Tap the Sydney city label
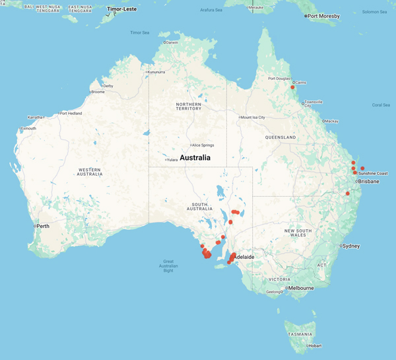[351, 246]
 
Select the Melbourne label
[300, 288]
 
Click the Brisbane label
[368, 181]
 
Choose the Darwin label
[172, 43]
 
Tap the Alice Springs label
[200, 145]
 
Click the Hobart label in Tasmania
[315, 345]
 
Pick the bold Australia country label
[195, 158]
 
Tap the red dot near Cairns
[292, 87]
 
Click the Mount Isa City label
[252, 118]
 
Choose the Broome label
[98, 92]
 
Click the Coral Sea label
[381, 104]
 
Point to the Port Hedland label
[70, 114]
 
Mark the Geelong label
[273, 291]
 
